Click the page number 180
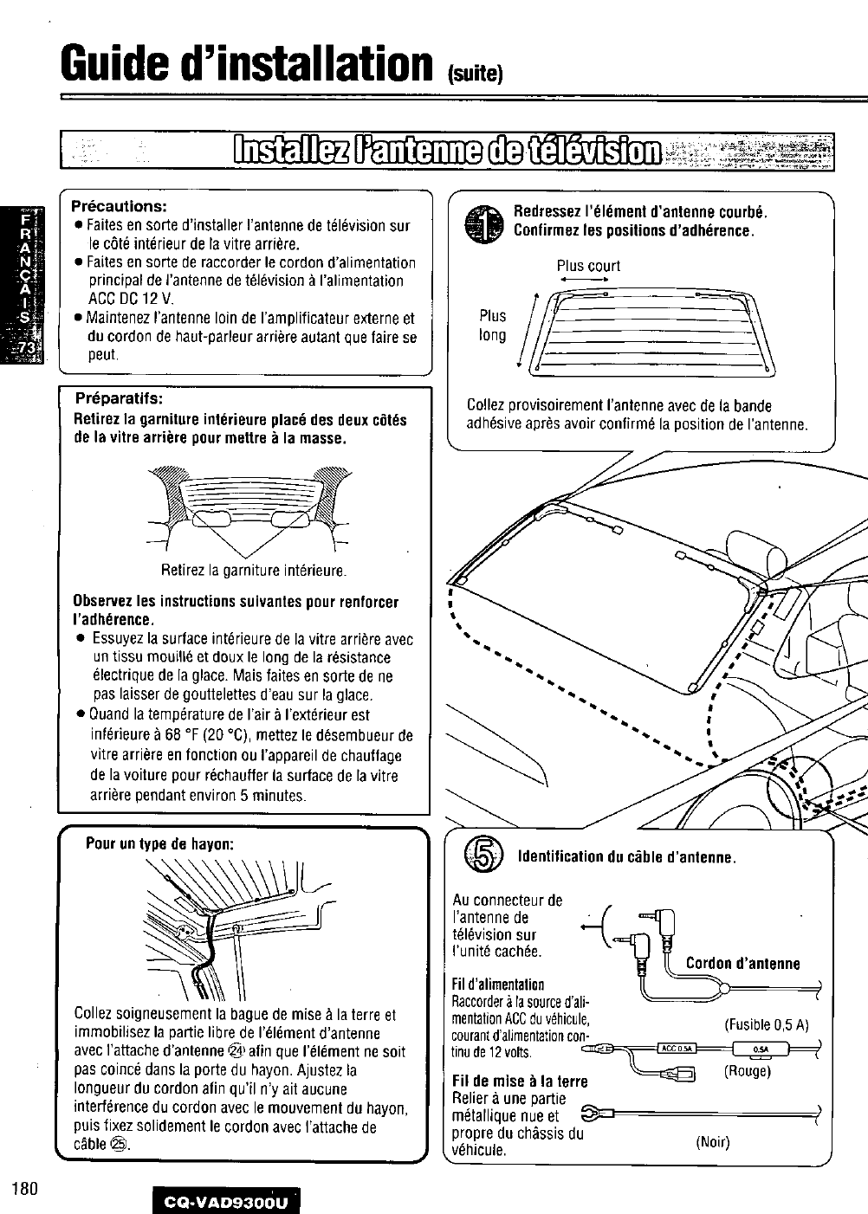point(23,1187)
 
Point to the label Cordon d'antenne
point(742,964)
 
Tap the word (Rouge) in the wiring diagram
point(747,1071)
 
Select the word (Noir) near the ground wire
point(715,1142)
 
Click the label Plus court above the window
point(588,266)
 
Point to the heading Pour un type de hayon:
point(160,843)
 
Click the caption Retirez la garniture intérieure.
point(254,571)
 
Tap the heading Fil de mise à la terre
point(520,1081)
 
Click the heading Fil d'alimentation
point(498,985)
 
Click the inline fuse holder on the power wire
point(756,1049)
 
